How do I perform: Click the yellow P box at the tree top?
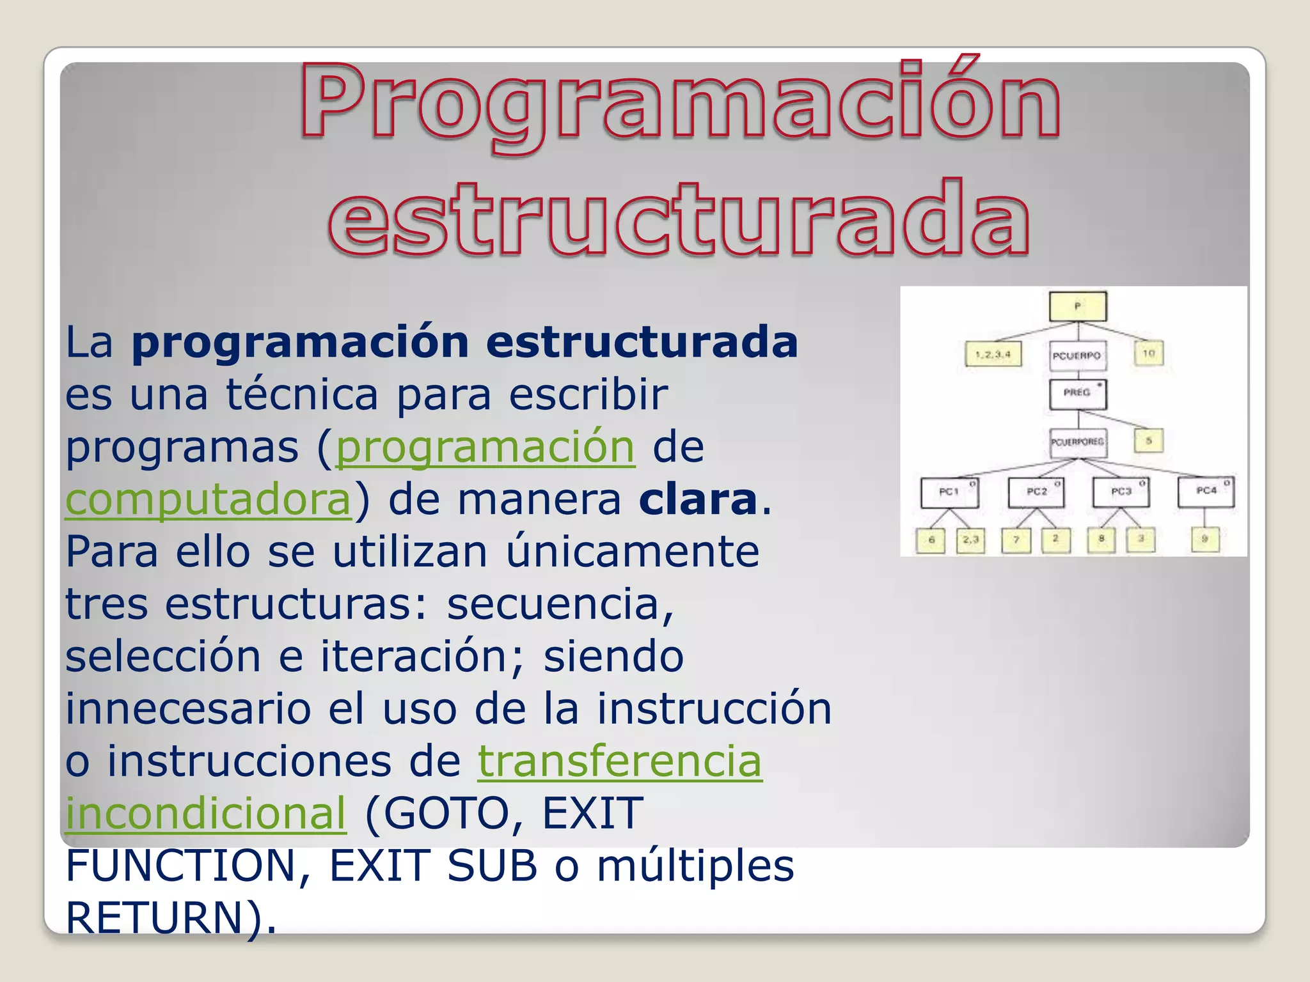click(1078, 306)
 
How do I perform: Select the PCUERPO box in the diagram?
click(1078, 355)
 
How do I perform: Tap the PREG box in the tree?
click(1078, 393)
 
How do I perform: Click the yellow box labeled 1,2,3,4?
click(993, 354)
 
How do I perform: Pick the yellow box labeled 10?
click(1149, 354)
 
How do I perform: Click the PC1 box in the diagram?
click(949, 492)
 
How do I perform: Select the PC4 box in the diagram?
click(1206, 491)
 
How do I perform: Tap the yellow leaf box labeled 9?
click(1204, 540)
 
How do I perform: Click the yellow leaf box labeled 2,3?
click(970, 540)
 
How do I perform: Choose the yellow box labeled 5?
click(1149, 441)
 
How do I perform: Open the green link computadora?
click(209, 499)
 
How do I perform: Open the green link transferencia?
click(619, 761)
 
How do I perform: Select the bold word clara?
click(698, 499)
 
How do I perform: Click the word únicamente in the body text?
click(633, 552)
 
